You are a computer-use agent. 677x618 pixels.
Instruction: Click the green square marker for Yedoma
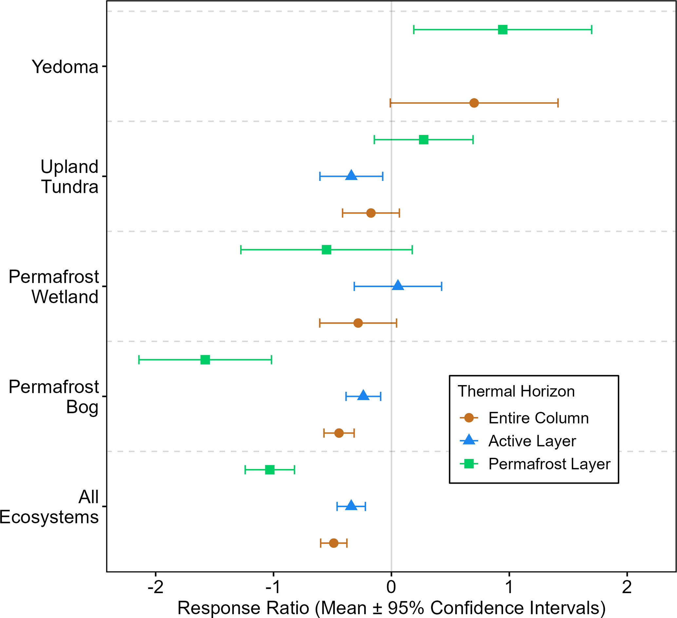[502, 30]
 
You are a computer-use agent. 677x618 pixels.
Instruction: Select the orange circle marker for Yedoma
[474, 103]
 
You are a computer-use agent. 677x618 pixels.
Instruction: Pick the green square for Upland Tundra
[423, 139]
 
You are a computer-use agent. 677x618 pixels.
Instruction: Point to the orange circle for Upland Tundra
[371, 213]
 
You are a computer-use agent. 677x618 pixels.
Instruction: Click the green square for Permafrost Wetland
[327, 250]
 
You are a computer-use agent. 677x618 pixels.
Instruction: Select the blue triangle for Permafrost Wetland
[398, 285]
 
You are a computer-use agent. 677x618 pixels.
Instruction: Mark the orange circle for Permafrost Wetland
[358, 323]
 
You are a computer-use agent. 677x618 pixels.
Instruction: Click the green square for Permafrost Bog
[205, 360]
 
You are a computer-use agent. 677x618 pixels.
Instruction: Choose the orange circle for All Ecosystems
[333, 543]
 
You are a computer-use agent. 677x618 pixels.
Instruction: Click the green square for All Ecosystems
[270, 470]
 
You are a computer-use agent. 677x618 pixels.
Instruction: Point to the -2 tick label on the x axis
[156, 587]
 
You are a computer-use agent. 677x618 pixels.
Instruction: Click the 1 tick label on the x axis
[509, 587]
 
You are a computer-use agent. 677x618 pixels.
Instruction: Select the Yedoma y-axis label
[65, 67]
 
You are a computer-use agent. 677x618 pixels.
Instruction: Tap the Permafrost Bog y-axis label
[54, 397]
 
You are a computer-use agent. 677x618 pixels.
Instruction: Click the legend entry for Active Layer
[532, 441]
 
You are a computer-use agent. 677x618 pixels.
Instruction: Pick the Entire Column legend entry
[538, 418]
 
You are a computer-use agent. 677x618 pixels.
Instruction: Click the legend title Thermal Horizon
[516, 391]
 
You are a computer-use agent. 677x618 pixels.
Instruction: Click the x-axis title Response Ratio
[391, 608]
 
